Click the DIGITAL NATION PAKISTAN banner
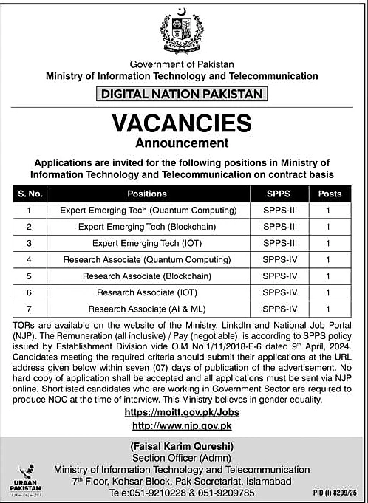coord(182,94)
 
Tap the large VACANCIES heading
coord(182,122)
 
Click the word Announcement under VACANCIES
coord(182,142)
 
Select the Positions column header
coord(146,194)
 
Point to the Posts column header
coord(329,194)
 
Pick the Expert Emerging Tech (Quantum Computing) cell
coord(146,210)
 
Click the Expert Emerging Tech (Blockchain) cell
coord(146,226)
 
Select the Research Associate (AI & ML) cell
coord(146,309)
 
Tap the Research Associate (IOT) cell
coord(146,292)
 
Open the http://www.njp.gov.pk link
coord(182,425)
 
